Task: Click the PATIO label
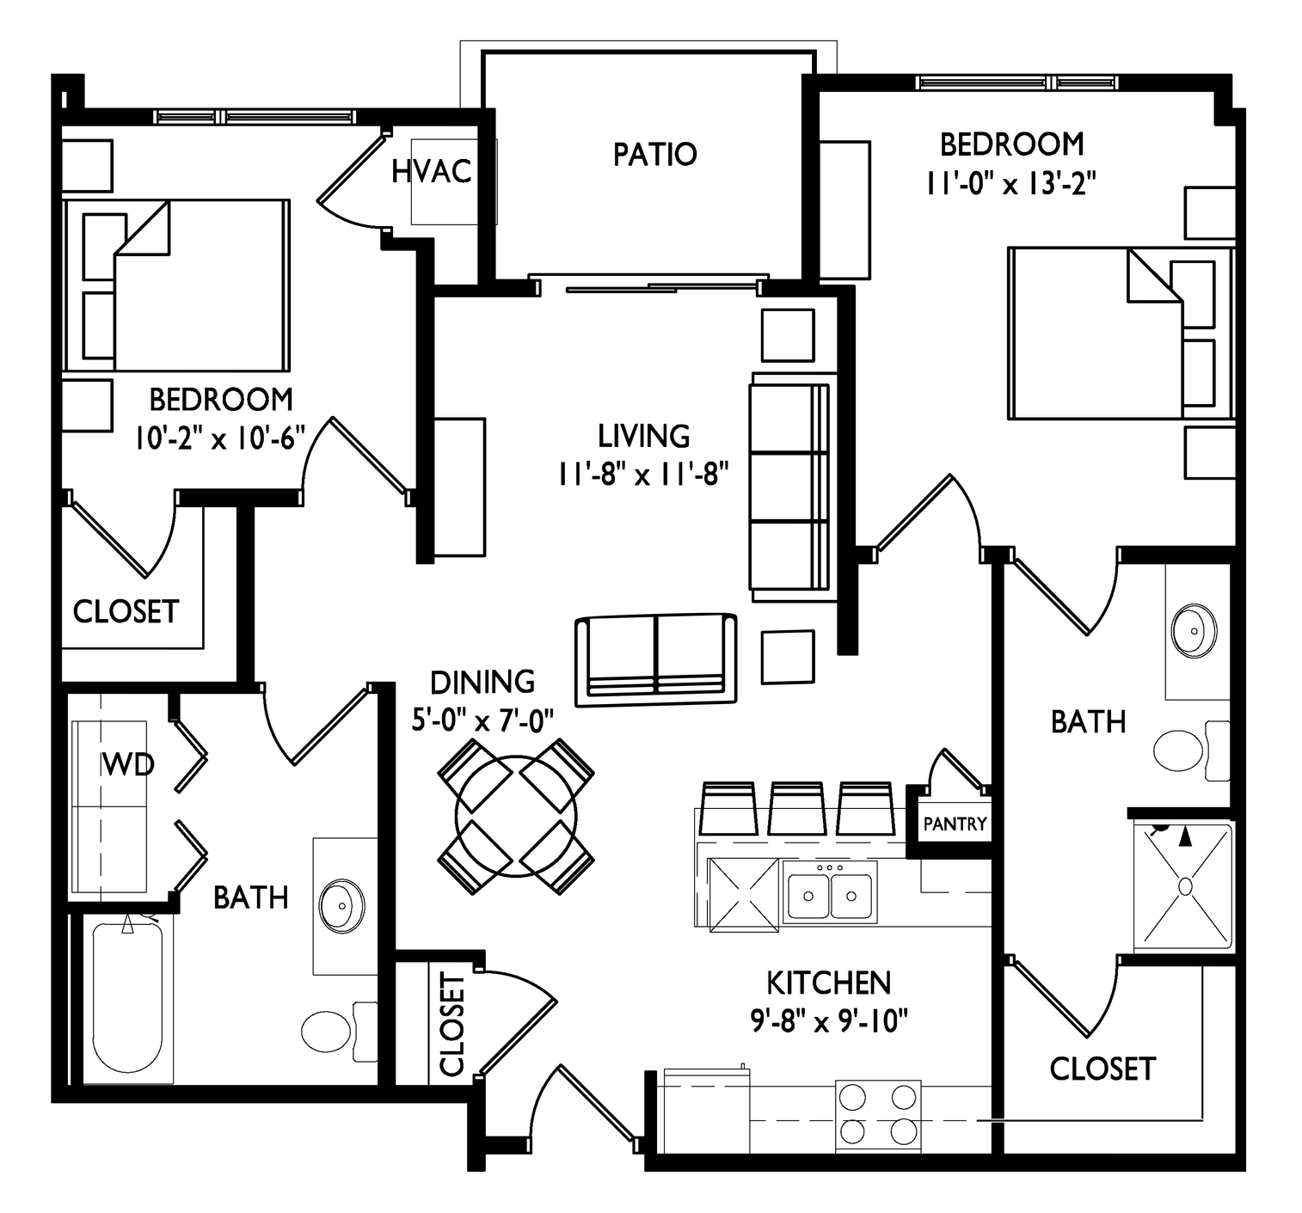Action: (x=654, y=155)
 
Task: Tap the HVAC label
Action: (x=432, y=172)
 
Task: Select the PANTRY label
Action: (x=955, y=824)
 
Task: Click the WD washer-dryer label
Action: (x=128, y=764)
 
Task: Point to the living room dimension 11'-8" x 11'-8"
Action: (x=643, y=474)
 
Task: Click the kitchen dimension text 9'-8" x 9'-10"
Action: (x=829, y=1021)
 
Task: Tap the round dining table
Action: (x=517, y=817)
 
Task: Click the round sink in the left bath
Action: (x=341, y=905)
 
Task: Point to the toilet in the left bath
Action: (x=339, y=1031)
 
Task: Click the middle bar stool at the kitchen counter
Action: (x=796, y=808)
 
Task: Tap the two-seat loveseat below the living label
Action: (x=655, y=659)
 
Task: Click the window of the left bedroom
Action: (x=255, y=118)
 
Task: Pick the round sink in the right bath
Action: (x=1194, y=631)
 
